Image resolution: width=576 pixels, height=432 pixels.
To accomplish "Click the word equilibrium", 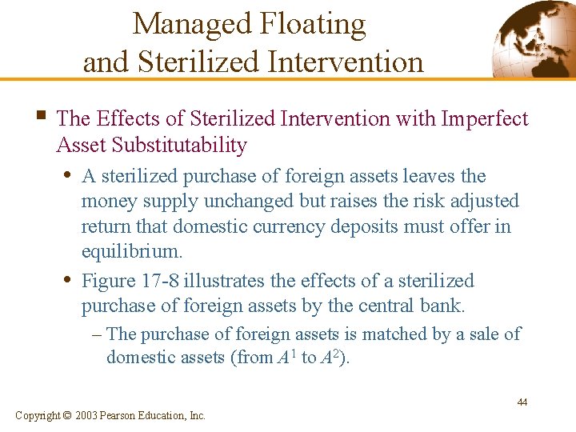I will coord(132,252).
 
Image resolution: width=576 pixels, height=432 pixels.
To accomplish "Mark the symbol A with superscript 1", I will coord(284,357).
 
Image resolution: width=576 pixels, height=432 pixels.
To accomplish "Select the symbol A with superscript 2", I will coord(330,357).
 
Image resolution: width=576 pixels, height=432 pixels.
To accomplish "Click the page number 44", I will coord(522,402).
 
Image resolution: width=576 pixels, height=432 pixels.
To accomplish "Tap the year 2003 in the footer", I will coord(89,415).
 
